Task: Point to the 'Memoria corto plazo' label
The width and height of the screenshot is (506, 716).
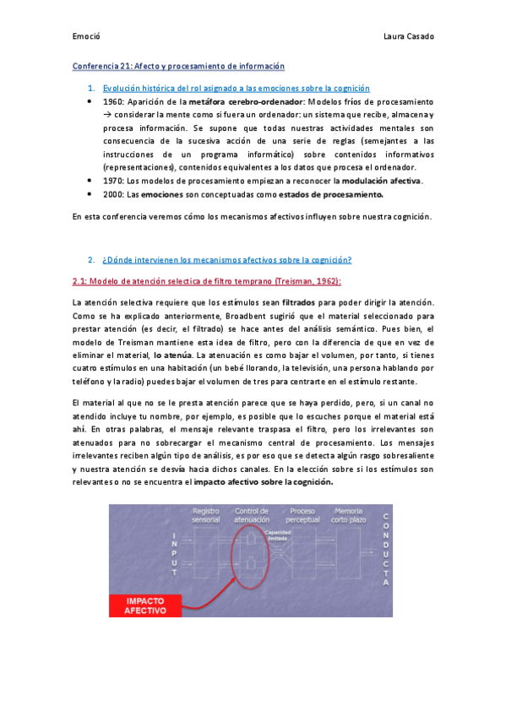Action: coord(349,515)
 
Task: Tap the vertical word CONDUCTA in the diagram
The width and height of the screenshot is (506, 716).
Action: coord(386,548)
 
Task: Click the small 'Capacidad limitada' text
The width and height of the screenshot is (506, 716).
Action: coord(278,535)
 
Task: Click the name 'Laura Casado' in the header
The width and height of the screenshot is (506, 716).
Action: coord(408,37)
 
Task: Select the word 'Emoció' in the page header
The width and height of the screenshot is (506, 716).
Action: coord(86,37)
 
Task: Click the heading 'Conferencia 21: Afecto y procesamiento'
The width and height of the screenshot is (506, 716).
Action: coord(178,66)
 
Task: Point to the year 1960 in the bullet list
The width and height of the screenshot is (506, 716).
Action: coord(114,100)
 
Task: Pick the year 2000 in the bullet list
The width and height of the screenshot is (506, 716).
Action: coord(114,194)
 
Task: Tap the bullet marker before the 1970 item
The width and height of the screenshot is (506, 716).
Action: coord(90,181)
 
